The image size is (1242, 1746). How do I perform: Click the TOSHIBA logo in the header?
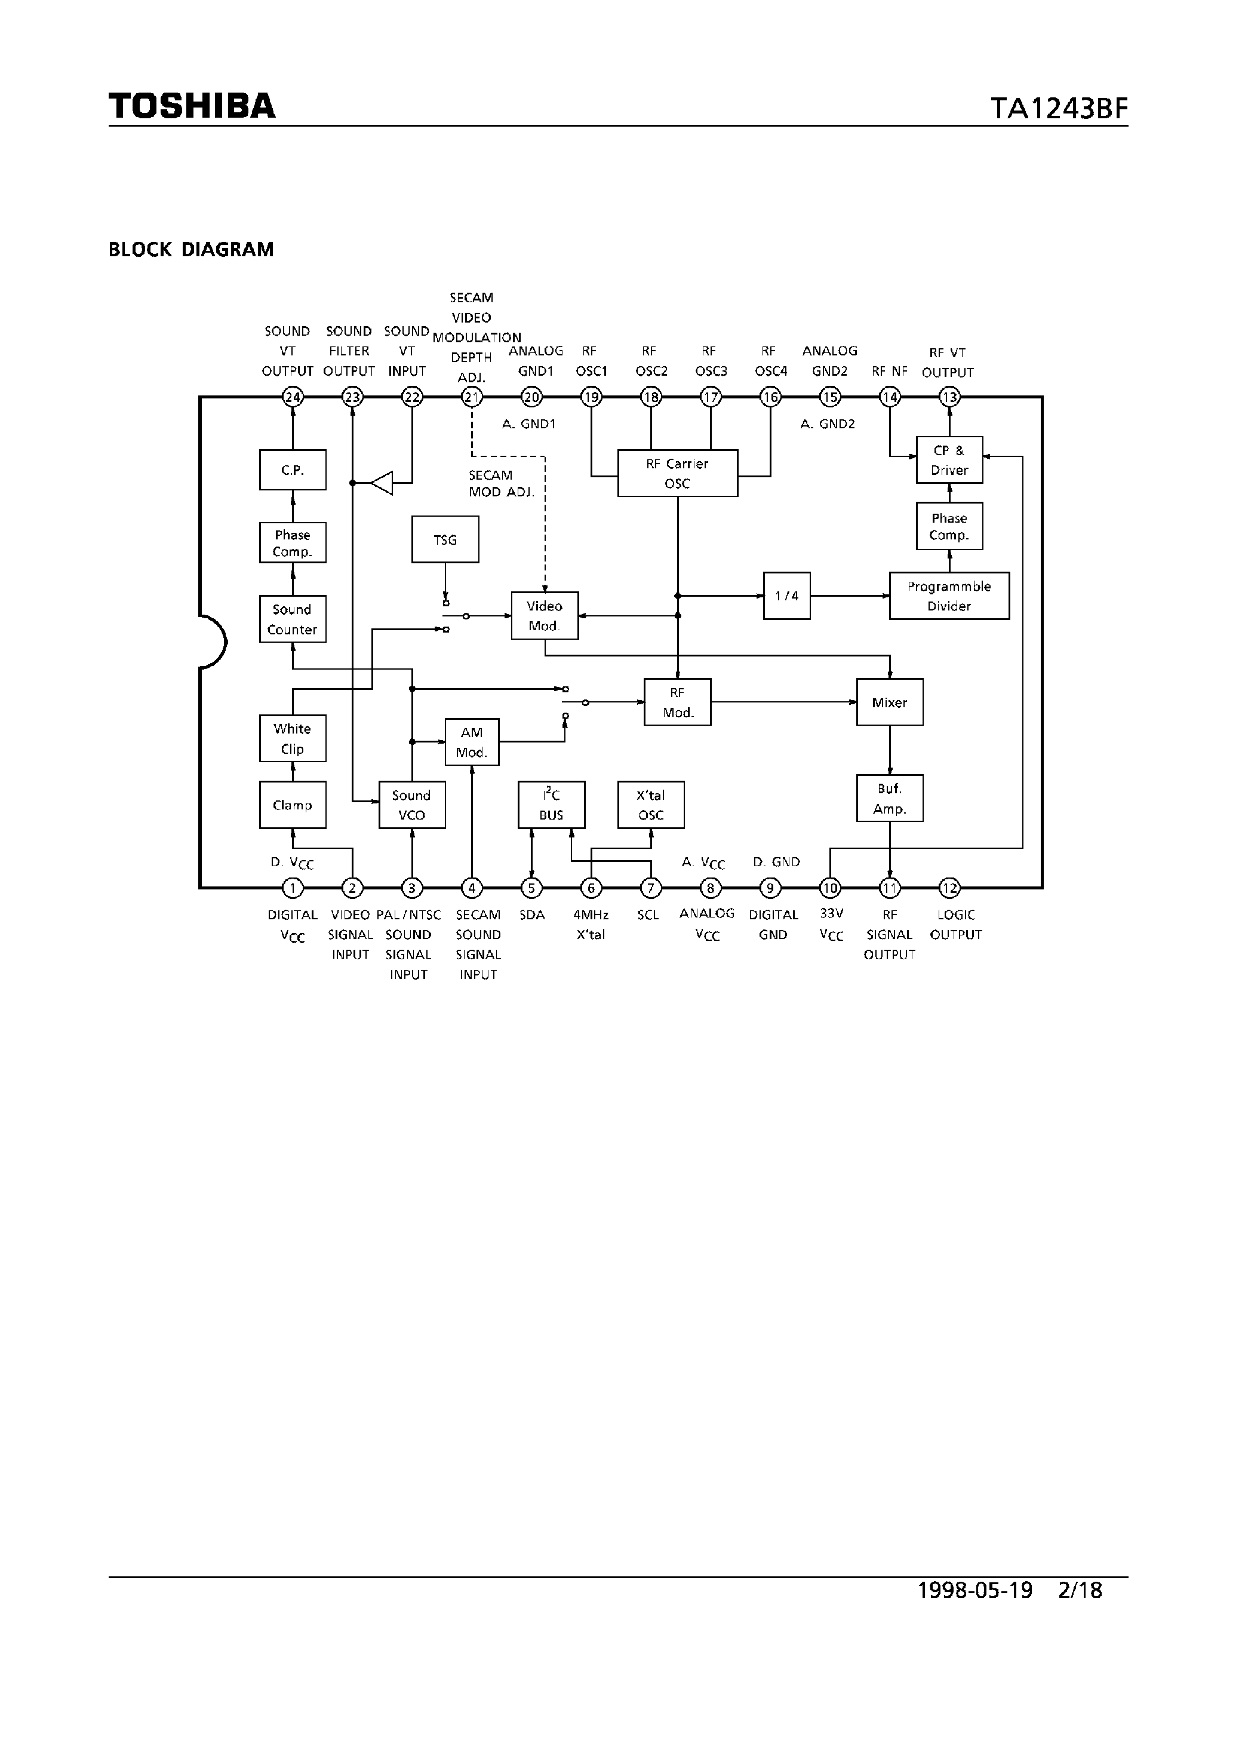[191, 106]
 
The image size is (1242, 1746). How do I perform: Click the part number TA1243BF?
[1059, 109]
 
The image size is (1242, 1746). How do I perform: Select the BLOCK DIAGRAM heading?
[191, 250]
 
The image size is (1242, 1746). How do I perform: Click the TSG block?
[445, 539]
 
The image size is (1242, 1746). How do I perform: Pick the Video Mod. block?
[545, 615]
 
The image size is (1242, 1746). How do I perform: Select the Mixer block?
[890, 702]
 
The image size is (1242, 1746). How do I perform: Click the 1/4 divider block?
[786, 596]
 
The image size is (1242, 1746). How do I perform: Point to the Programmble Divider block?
[948, 596]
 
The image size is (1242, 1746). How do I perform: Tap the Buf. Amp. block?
[890, 798]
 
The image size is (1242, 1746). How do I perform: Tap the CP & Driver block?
[949, 460]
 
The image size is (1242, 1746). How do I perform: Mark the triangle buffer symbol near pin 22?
[382, 483]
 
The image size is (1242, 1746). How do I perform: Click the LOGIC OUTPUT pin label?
[955, 924]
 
